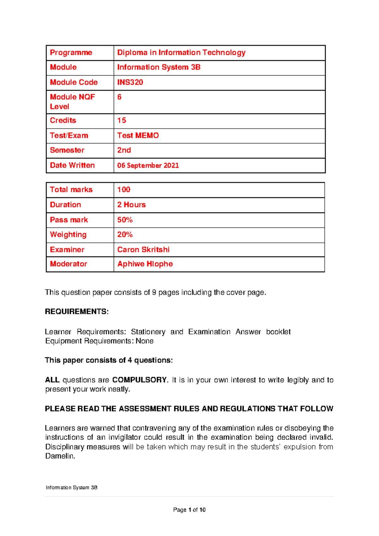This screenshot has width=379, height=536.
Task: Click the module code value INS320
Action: (130, 82)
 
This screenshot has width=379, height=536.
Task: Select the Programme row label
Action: (71, 52)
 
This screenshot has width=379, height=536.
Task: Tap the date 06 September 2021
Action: (148, 165)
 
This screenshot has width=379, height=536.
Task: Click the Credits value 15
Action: (122, 120)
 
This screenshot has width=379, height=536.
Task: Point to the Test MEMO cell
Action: (138, 136)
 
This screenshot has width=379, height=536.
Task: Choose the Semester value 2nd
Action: (124, 150)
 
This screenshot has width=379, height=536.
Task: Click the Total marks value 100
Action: (124, 190)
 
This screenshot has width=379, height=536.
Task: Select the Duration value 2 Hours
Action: (131, 205)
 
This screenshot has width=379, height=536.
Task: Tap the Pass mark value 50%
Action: (125, 220)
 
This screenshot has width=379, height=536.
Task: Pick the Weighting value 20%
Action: (125, 234)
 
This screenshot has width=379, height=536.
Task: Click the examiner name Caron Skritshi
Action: (143, 250)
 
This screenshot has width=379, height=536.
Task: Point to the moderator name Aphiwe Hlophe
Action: (145, 264)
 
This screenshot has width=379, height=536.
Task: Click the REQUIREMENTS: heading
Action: (77, 312)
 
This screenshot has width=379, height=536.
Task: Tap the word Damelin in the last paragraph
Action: (60, 456)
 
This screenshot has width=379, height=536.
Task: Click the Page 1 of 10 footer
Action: (189, 509)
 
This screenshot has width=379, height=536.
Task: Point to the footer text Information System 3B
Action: (71, 487)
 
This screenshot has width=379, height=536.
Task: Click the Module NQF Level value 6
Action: (119, 97)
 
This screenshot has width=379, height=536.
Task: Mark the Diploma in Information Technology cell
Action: (181, 52)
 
